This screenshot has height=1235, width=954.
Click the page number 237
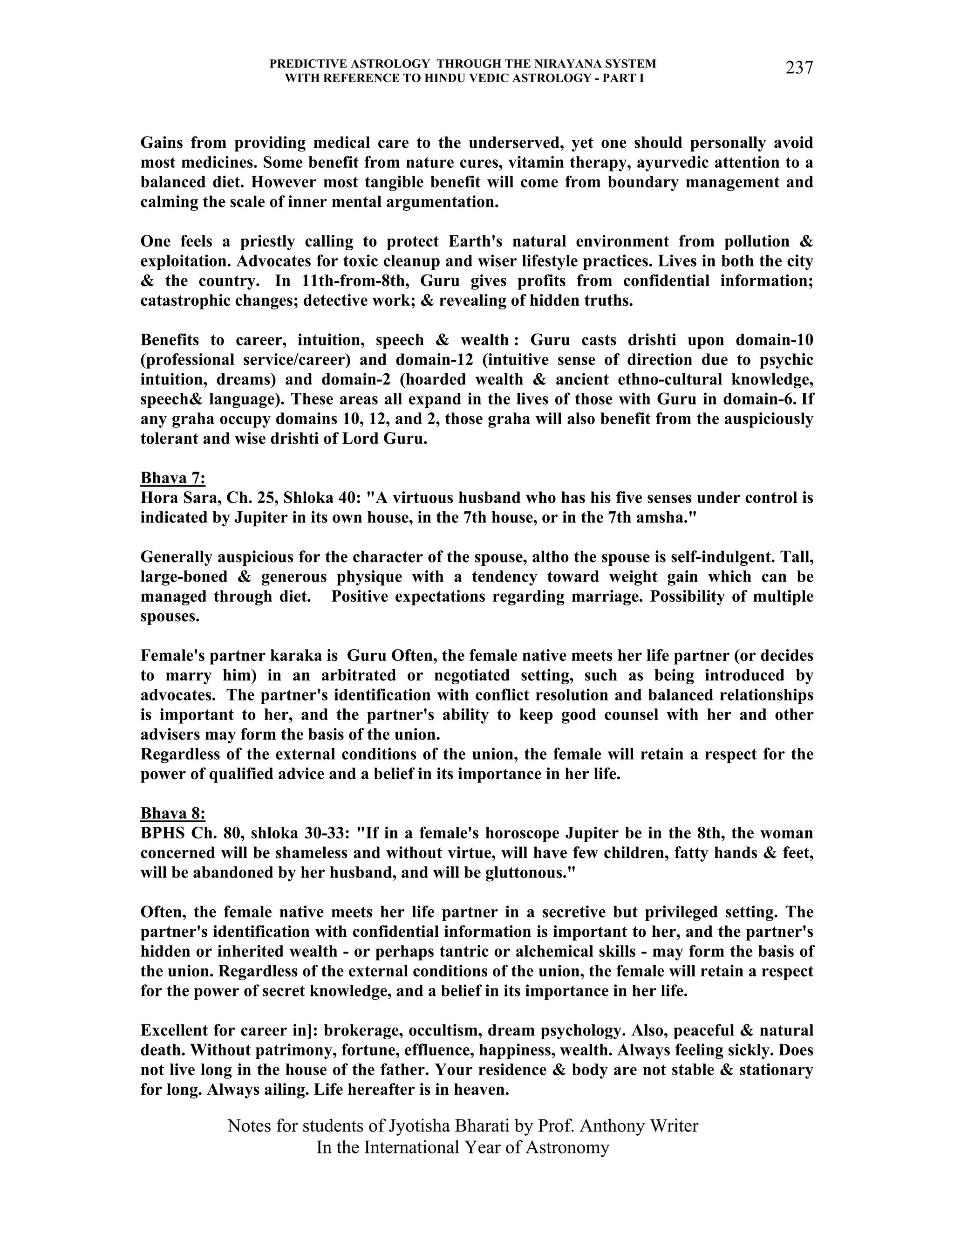tap(798, 69)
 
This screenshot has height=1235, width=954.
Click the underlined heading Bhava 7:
tap(172, 479)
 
